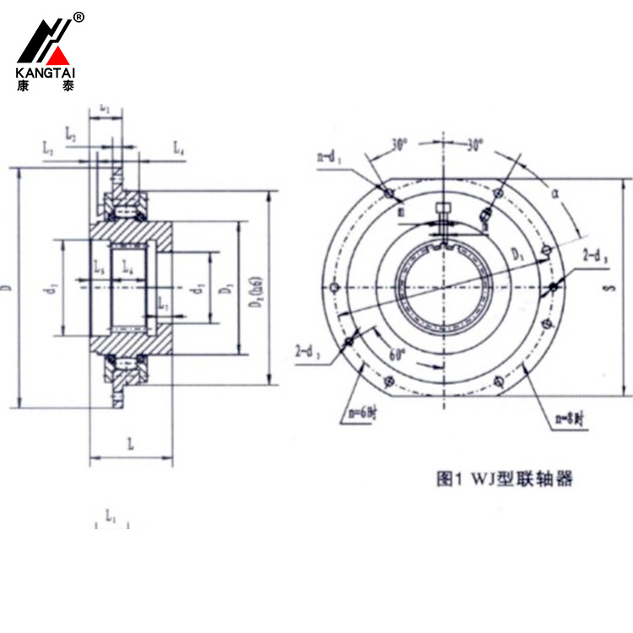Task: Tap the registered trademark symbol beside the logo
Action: point(78,17)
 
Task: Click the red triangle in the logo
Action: point(57,57)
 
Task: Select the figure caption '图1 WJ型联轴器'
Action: point(504,479)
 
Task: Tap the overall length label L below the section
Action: point(131,442)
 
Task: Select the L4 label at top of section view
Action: point(179,149)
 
